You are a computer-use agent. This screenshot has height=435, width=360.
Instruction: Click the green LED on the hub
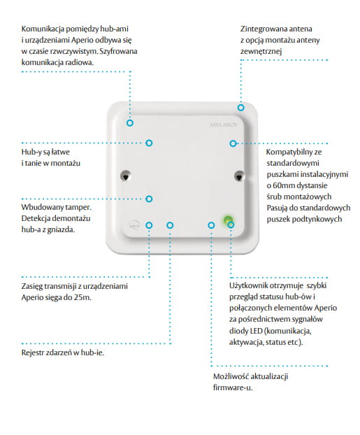[228, 220]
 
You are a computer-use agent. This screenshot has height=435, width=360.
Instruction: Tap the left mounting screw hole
[126, 176]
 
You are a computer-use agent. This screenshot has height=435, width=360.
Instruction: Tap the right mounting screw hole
[238, 176]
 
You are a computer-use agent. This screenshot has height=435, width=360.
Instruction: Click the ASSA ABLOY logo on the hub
[224, 125]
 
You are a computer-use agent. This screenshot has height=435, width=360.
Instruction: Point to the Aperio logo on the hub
[134, 224]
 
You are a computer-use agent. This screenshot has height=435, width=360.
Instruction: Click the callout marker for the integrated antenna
[240, 108]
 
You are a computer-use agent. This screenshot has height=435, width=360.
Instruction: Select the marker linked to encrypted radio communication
[130, 123]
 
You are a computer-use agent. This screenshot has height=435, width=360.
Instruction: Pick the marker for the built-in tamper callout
[149, 199]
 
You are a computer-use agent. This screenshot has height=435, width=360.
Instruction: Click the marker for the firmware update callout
[211, 225]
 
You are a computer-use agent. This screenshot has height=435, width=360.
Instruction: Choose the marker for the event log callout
[170, 225]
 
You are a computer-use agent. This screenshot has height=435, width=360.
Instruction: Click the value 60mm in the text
[282, 185]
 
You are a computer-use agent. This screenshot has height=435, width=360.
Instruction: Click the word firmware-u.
[233, 387]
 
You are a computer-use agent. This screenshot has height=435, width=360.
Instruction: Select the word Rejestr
[32, 353]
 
